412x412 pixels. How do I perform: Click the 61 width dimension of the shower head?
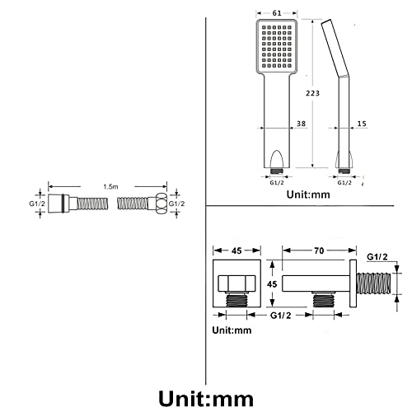277,13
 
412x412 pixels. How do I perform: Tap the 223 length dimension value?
313,93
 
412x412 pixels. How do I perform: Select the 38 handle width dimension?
301,124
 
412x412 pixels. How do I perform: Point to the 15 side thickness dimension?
362,124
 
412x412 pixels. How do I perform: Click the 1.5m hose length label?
110,187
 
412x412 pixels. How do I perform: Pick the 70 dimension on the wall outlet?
319,250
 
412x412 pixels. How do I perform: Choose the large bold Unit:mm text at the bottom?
206,399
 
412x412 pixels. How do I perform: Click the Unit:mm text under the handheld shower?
308,194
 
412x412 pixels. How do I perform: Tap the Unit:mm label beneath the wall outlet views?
232,330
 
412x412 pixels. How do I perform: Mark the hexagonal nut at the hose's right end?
162,204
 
